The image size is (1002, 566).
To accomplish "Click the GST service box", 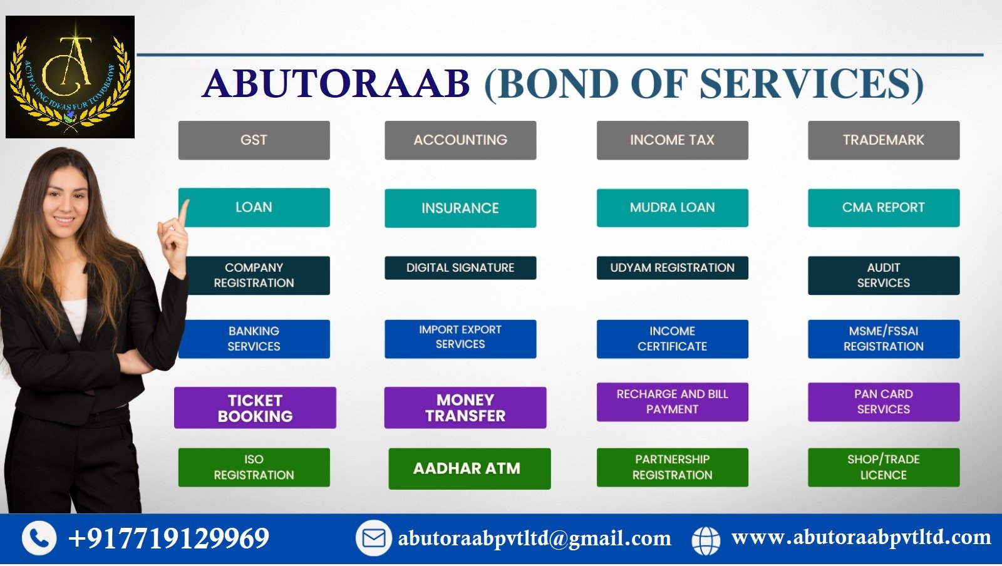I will coord(254,140).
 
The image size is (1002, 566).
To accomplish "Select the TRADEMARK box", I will coord(883,140).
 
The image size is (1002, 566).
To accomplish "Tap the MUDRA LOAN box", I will coord(672,208).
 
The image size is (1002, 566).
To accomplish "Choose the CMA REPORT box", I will coord(883,208).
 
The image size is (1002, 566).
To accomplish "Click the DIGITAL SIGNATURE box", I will coord(460,268).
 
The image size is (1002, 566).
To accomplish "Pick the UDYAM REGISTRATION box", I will coord(672,268).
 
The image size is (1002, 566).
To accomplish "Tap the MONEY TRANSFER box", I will coord(465,408).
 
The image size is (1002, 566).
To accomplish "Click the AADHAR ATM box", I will coord(469,468).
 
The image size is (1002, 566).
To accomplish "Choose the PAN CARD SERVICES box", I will coord(883,402).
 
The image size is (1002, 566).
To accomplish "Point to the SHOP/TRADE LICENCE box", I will coord(883,467).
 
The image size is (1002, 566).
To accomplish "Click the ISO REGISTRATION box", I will coord(254,467).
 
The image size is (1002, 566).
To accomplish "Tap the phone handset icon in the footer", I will coord(39,538).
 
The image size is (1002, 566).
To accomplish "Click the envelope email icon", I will coord(374,538).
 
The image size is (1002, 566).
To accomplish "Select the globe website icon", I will coord(706,540).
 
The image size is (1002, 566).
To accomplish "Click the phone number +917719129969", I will coord(169,538).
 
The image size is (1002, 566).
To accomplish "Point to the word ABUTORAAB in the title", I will coord(336,83).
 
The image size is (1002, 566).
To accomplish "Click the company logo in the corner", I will coord(70,77).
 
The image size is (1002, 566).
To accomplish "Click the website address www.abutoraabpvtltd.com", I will coord(861,538).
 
